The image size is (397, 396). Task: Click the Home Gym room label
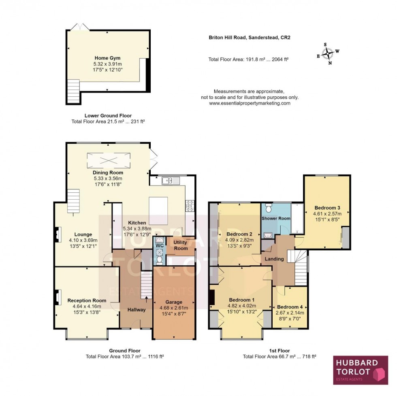click(108, 58)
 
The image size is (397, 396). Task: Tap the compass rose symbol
click(327, 53)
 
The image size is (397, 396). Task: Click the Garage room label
click(174, 302)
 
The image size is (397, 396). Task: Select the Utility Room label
click(180, 245)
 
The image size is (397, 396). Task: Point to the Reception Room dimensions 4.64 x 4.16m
click(87, 307)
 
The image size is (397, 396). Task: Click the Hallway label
click(137, 310)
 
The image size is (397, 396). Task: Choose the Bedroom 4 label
click(290, 307)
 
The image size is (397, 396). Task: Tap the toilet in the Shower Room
click(268, 209)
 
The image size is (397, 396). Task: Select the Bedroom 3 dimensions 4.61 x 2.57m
click(328, 214)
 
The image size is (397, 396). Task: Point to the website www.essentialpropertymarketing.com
click(250, 103)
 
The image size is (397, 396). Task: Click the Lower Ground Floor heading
click(108, 115)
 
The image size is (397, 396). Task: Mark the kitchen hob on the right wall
click(189, 206)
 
